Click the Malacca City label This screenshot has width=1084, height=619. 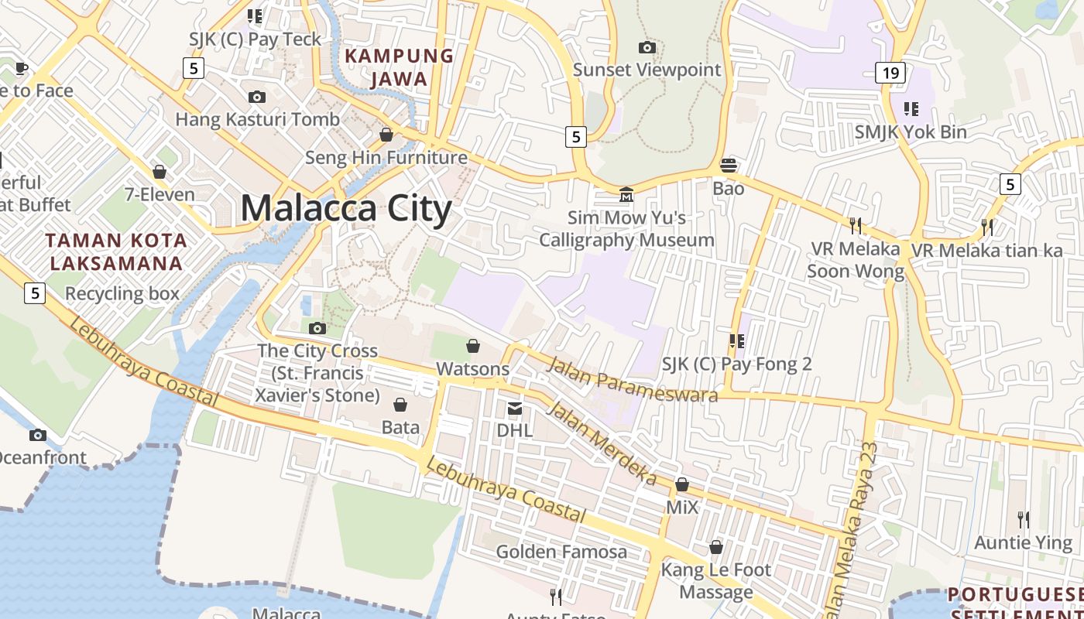[346, 209]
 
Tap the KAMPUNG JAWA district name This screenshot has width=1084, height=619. [399, 67]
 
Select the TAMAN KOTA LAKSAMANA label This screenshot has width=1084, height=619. [116, 252]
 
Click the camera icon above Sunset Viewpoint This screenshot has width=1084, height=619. [647, 48]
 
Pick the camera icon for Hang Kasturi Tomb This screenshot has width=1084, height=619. [257, 97]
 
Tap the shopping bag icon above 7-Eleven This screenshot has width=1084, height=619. [160, 172]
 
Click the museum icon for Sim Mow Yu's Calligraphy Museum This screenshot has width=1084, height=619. [626, 194]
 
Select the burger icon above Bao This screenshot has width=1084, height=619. [729, 166]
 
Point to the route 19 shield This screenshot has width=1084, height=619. [891, 74]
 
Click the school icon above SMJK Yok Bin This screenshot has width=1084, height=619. [911, 109]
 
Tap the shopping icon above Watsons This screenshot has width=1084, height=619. [473, 346]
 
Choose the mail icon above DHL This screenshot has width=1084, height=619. [515, 408]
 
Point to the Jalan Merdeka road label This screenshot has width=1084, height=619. [601, 444]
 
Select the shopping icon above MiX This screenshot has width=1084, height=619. [682, 485]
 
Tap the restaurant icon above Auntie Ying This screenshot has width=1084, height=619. [1024, 519]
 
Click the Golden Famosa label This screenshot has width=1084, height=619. [561, 552]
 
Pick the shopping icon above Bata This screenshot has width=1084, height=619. [400, 405]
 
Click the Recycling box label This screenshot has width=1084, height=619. [122, 294]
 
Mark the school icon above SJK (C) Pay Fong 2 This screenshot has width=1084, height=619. [736, 341]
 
